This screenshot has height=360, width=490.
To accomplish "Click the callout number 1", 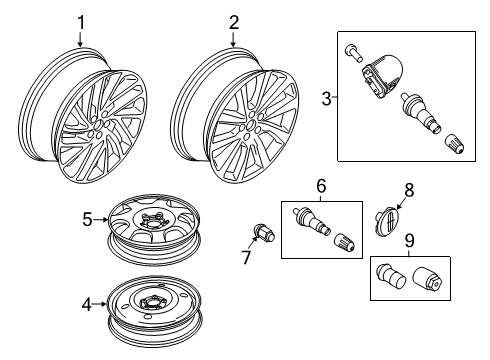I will pyautogui.click(x=82, y=21).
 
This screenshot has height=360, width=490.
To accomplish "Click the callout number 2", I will pyautogui.click(x=233, y=21).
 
